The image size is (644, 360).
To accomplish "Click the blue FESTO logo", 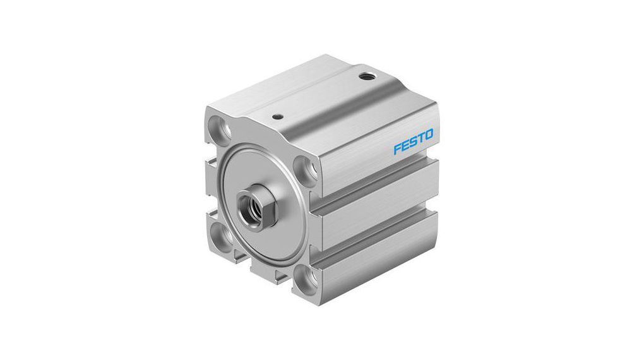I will point(413,142).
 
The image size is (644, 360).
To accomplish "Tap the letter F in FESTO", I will point(398,149).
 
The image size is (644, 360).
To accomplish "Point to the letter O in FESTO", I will point(429,135).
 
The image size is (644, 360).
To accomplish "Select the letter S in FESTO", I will point(413,142).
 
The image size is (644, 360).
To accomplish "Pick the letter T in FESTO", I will point(420,138).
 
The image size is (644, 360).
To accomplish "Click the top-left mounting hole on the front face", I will point(222,126).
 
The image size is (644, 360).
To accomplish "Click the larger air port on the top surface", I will point(367,77).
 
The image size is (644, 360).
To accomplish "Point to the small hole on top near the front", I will point(275,116).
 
